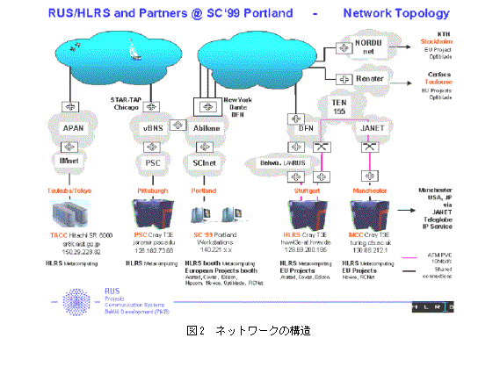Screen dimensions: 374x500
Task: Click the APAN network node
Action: [x=73, y=128]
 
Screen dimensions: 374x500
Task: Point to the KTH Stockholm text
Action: [x=448, y=34]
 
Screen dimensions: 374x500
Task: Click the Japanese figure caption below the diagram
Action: [x=249, y=331]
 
